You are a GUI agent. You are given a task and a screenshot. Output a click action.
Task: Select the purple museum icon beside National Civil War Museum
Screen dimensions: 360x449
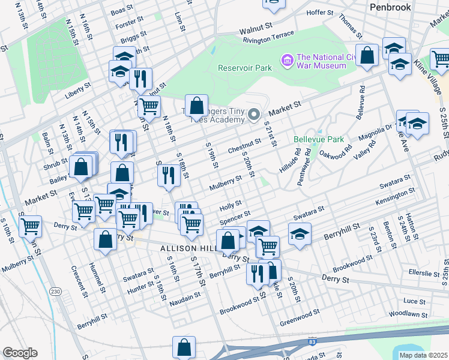tap(286, 60)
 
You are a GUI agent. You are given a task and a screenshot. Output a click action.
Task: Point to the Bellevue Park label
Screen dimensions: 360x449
tap(319, 139)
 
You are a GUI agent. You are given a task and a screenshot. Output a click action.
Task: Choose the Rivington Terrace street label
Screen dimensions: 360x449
tap(268, 37)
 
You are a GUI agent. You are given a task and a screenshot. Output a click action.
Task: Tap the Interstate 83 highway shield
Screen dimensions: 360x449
tap(312, 341)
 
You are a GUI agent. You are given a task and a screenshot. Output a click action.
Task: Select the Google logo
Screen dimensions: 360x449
tap(20, 353)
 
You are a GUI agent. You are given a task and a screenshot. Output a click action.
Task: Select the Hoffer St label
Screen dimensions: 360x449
tap(319, 13)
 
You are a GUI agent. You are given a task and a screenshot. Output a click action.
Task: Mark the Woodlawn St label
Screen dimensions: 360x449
tap(408, 314)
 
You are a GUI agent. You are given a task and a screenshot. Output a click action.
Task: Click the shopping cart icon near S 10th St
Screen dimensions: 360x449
tap(30, 226)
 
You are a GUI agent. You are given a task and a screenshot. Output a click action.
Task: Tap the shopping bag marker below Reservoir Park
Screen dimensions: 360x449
tap(196, 106)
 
